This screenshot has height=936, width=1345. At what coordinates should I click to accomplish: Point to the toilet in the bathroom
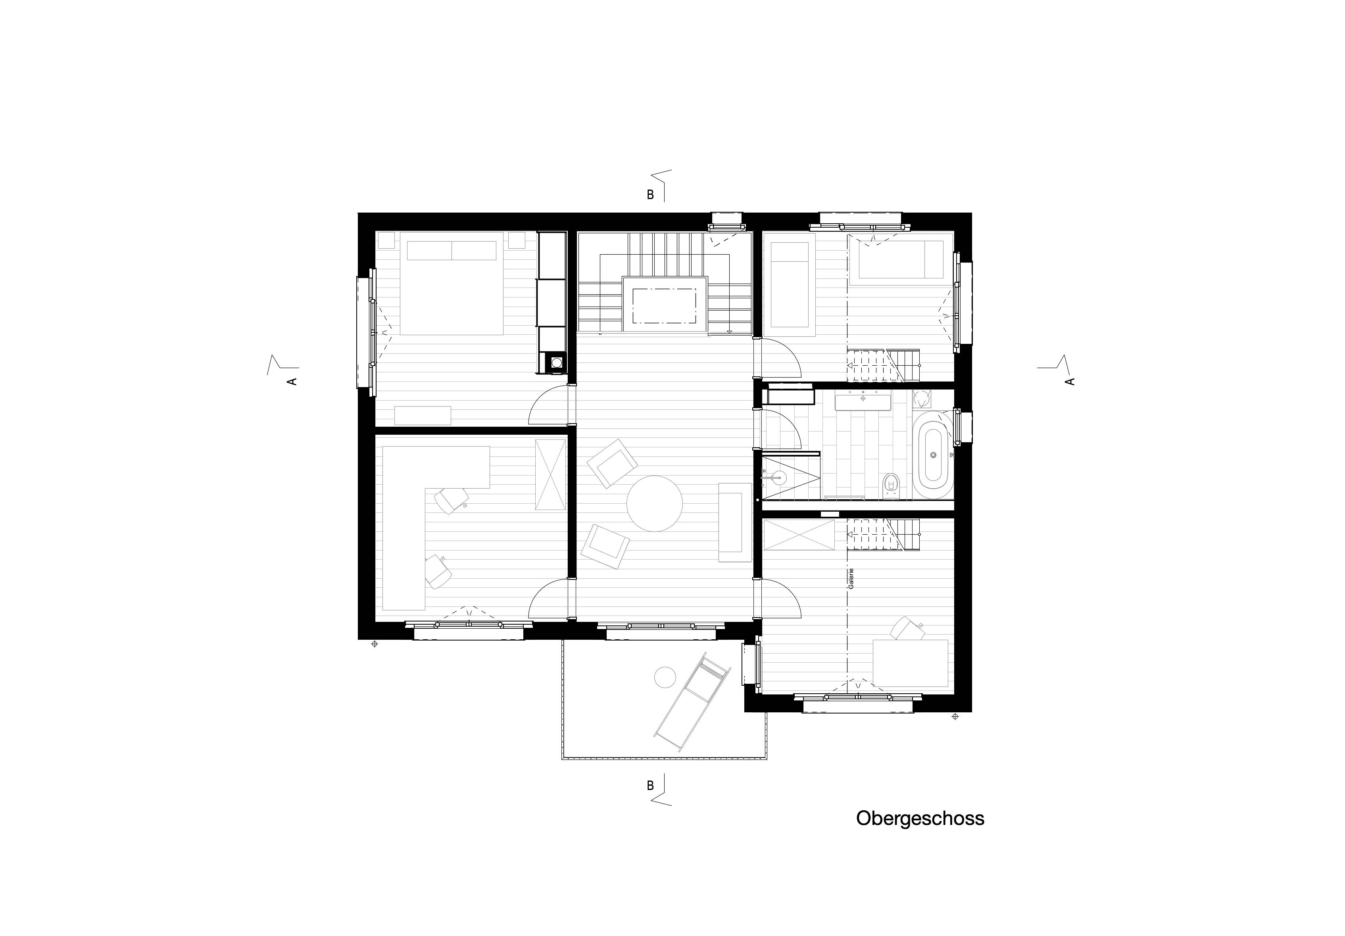[x=890, y=484]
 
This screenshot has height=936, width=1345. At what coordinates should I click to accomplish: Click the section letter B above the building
[x=649, y=196]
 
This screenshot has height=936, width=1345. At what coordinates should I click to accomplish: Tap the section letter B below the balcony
[x=649, y=786]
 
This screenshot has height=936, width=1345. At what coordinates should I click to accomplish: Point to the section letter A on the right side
[x=1070, y=381]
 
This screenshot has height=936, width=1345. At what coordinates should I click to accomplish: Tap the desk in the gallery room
[x=910, y=663]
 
